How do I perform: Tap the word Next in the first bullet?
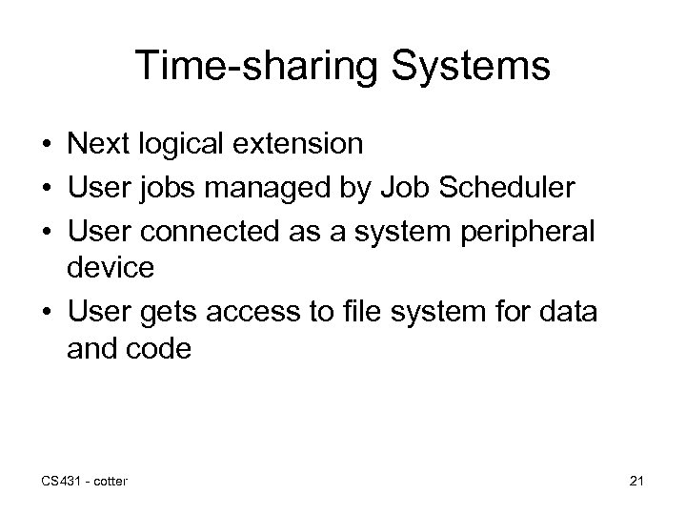click(x=99, y=144)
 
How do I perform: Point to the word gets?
click(x=173, y=311)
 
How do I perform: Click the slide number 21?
click(x=636, y=480)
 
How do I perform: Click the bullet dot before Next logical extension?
click(x=46, y=145)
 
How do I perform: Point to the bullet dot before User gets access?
click(x=46, y=312)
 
